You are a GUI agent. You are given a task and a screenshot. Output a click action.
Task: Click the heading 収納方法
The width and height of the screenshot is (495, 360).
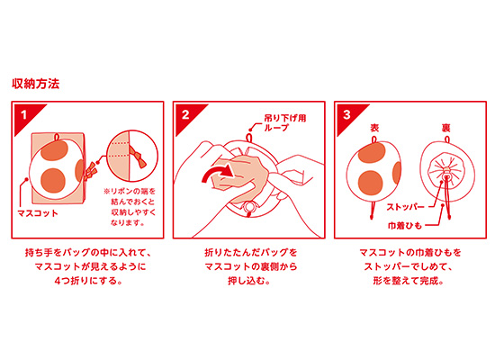coord(36,84)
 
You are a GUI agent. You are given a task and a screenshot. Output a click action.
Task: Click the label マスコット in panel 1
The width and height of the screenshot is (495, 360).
coord(38,213)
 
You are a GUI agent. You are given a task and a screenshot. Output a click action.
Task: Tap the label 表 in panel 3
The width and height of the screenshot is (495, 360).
coord(374,128)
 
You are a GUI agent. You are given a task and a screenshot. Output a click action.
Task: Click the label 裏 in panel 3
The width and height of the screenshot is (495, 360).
coord(445,128)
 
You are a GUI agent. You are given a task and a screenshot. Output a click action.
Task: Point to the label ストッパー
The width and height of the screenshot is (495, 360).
coord(405,207)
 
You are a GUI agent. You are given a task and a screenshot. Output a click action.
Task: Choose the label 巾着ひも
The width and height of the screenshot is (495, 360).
coord(405,226)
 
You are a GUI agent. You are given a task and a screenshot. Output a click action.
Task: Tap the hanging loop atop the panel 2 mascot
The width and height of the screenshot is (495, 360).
coord(249,138)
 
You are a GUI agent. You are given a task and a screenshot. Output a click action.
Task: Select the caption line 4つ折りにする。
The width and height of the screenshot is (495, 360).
coord(88,281)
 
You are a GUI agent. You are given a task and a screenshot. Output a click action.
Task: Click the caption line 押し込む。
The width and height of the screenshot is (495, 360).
coord(249,281)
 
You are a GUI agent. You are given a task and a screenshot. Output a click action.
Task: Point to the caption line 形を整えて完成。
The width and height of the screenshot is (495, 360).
coord(409,281)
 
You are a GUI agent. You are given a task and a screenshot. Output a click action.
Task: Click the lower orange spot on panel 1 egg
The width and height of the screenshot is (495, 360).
coord(53,180)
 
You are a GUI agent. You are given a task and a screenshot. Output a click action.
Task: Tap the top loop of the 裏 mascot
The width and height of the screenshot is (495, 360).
coord(447,139)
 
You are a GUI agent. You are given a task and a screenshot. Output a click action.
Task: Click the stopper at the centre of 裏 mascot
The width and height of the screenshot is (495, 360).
coord(446,174)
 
